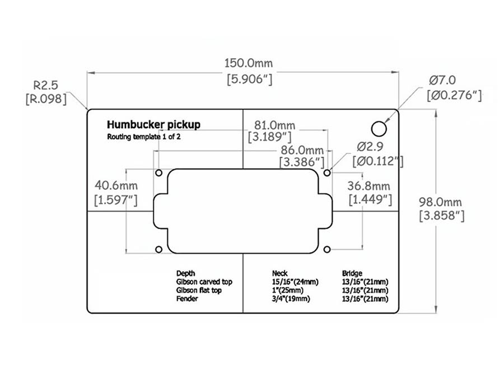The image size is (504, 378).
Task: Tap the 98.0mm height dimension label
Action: tap(441, 201)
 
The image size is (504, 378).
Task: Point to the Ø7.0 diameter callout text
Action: tap(443, 80)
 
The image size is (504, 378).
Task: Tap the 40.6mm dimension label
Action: tap(116, 185)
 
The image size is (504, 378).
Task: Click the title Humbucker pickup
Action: tap(153, 125)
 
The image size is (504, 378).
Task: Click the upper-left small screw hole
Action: tap(158, 172)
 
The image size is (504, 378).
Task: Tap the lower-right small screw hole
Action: tap(328, 249)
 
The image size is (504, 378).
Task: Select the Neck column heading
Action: tap(279, 273)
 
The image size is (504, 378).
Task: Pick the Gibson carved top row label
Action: tap(204, 282)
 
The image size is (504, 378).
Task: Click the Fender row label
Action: tap(187, 299)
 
